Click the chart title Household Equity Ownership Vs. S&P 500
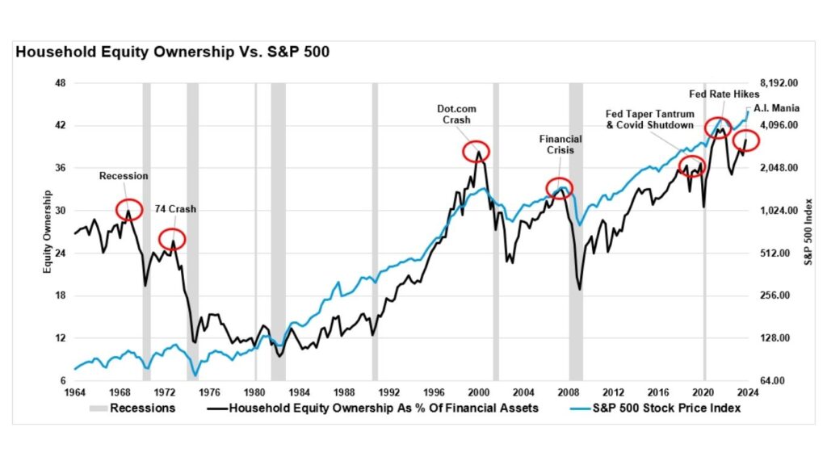(x=171, y=52)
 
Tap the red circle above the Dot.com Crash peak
(x=476, y=151)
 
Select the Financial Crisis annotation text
(x=560, y=145)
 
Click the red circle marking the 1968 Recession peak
(x=129, y=209)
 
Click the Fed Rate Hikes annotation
(x=725, y=94)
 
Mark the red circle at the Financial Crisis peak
(x=559, y=188)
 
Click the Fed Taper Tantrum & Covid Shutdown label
(x=649, y=119)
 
